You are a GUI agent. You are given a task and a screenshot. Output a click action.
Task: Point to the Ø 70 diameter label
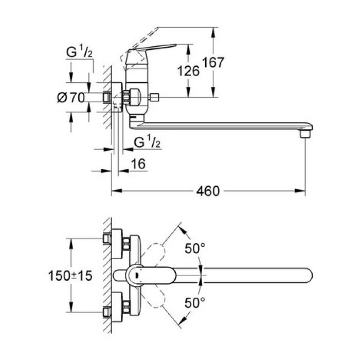click(x=70, y=97)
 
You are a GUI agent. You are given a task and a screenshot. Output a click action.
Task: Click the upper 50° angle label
click(x=195, y=249)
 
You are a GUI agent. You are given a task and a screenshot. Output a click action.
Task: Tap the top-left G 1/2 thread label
click(x=79, y=52)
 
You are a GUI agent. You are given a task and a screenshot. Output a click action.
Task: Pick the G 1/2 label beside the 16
click(x=147, y=142)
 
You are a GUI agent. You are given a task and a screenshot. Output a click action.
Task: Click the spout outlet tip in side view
click(x=304, y=134)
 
